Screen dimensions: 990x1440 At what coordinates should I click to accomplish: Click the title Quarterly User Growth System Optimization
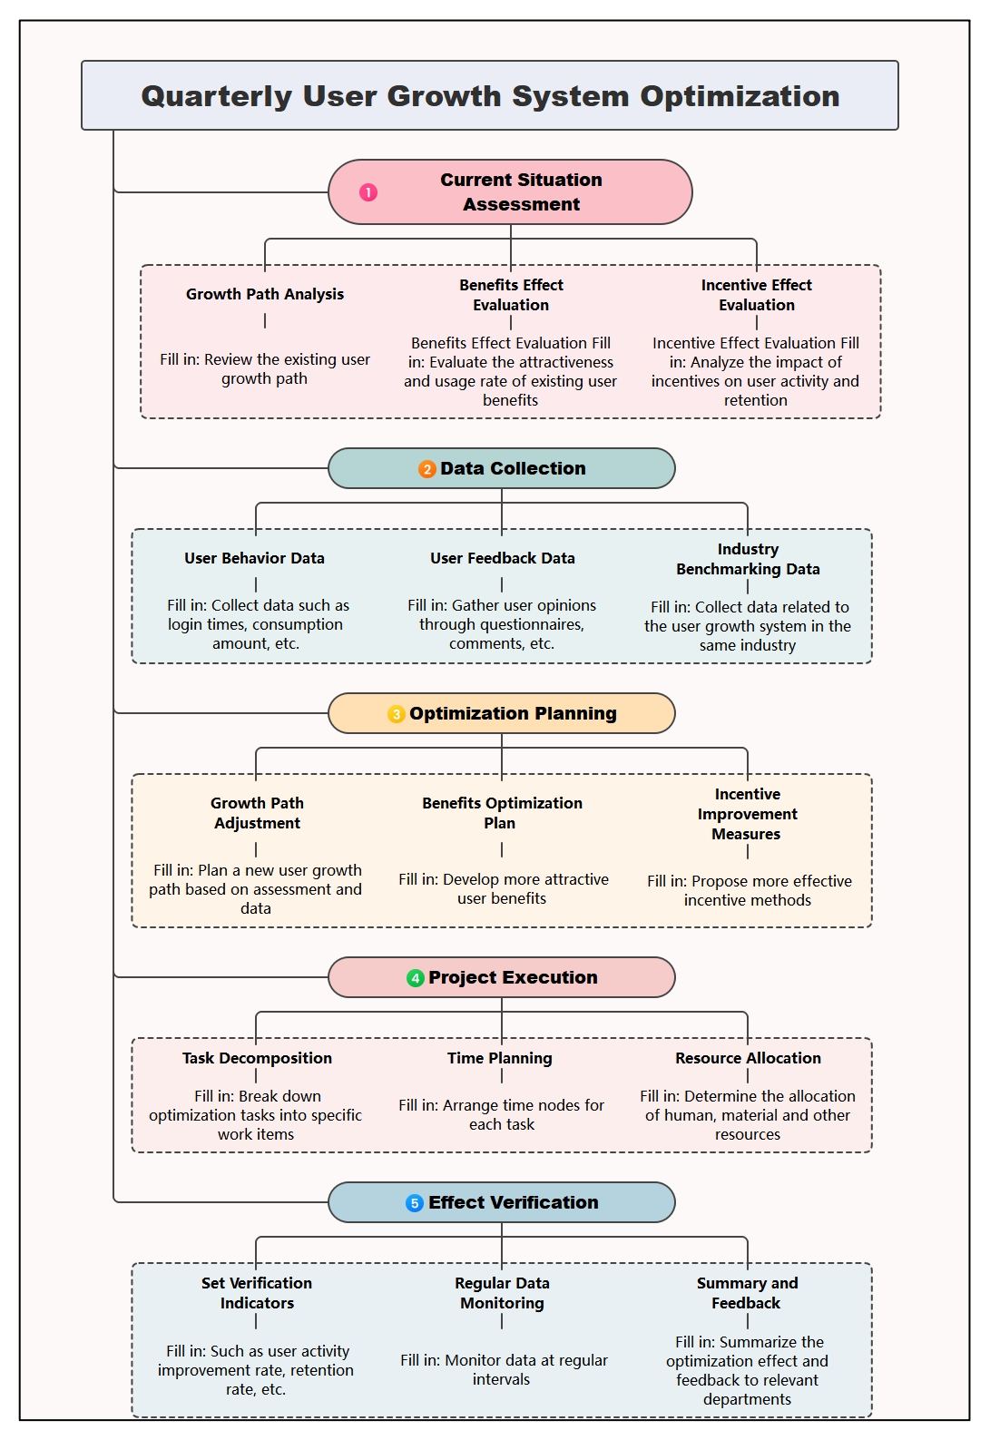coord(490,96)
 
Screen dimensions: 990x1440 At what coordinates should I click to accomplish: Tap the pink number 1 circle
coord(368,192)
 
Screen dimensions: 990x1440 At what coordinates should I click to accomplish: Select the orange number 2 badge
coord(426,469)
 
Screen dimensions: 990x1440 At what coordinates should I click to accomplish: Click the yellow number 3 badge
coord(396,714)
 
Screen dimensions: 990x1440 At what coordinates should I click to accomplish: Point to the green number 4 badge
coord(416,978)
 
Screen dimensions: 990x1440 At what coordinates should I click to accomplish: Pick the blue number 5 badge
coord(415,1203)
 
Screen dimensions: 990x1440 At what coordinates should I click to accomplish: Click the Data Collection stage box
coord(502,468)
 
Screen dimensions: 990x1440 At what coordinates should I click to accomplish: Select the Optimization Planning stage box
coord(502,713)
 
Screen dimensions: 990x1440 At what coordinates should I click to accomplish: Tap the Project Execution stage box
coord(502,978)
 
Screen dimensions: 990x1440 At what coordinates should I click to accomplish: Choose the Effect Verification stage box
coord(502,1203)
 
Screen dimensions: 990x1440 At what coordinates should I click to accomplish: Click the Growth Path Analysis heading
coord(265,294)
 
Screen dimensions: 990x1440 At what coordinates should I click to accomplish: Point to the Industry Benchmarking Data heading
coord(748,559)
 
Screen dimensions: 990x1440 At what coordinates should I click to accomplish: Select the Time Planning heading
coord(500,1058)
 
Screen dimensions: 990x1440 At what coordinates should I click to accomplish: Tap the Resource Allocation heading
coord(748,1058)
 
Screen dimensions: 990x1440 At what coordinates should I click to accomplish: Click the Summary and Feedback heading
coord(747,1293)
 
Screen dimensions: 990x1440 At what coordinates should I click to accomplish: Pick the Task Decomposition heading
coord(257,1059)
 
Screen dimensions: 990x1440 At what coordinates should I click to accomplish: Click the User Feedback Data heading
coord(502,559)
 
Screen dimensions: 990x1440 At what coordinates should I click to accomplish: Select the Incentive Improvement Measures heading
coord(747,815)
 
